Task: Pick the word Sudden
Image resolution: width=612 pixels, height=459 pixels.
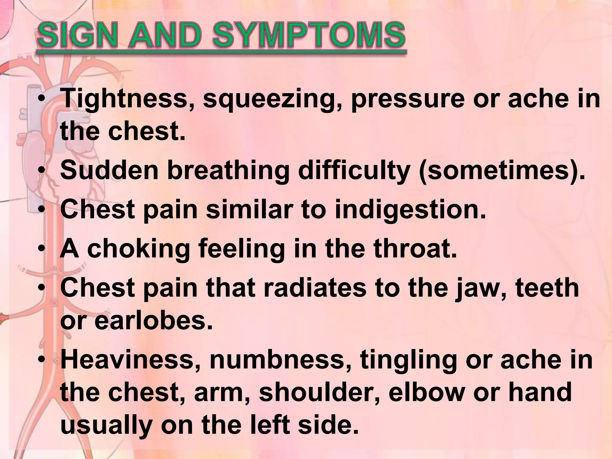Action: [109, 170]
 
